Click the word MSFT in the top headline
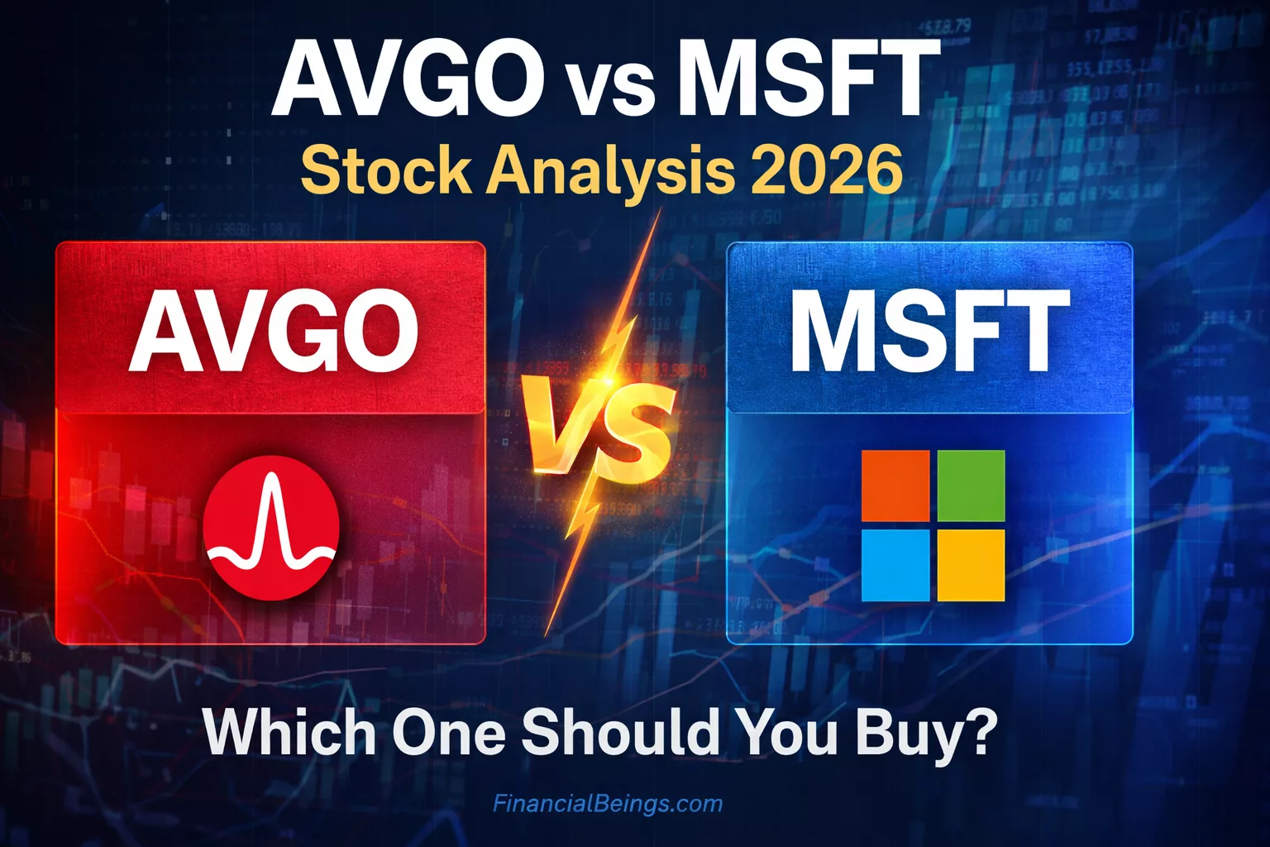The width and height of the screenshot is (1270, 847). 807,79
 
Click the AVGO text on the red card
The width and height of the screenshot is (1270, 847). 273,333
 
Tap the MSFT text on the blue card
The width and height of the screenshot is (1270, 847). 929,333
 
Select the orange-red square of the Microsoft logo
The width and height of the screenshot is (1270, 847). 895,486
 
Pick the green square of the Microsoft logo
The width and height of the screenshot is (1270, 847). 971,486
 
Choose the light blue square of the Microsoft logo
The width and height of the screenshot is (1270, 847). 895,566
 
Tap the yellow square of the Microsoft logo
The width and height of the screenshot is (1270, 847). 971,566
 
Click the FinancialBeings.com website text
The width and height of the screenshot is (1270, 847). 608,803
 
